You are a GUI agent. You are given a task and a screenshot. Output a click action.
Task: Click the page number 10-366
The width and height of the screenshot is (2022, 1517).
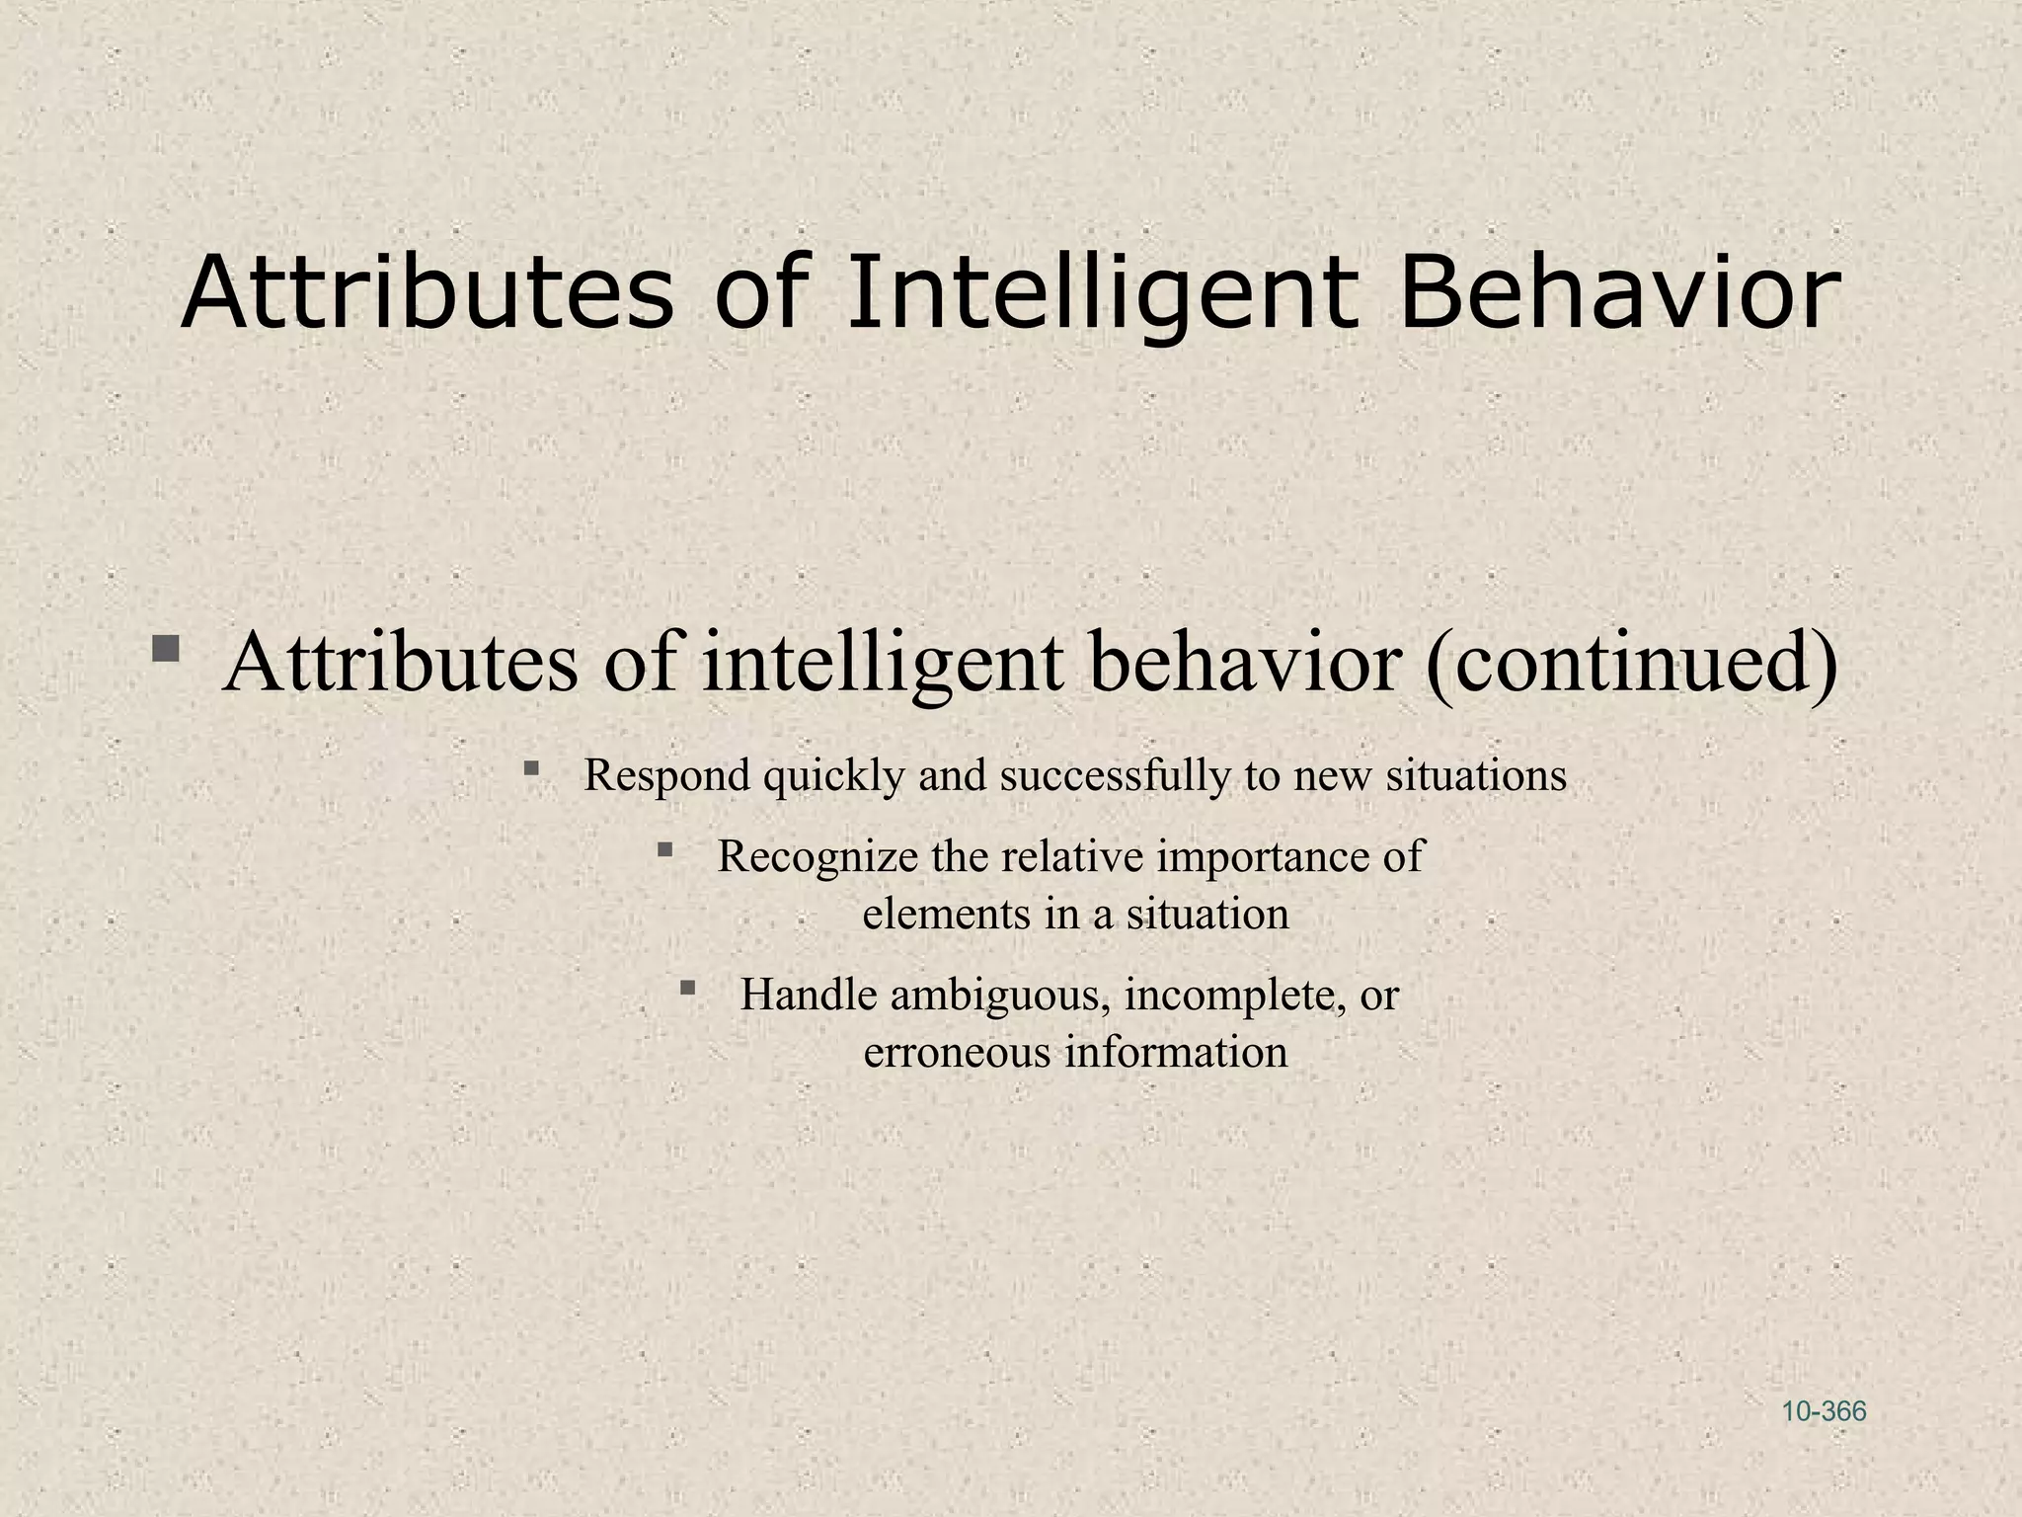point(1824,1411)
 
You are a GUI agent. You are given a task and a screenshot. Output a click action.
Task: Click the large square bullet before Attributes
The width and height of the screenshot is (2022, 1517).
point(165,649)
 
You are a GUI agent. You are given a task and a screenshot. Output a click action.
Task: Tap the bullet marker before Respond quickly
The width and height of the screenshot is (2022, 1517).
point(531,767)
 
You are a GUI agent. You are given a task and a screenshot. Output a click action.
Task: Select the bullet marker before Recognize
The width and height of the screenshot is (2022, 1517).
point(664,848)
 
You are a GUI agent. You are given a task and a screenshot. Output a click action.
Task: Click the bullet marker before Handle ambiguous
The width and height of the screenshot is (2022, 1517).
point(688,987)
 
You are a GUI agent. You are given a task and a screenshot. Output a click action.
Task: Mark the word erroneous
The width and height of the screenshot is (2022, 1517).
point(957,1053)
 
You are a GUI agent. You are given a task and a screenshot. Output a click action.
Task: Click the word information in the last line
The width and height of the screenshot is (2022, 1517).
point(1176,1053)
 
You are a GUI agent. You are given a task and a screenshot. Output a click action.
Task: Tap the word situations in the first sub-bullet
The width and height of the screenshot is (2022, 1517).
point(1476,776)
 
